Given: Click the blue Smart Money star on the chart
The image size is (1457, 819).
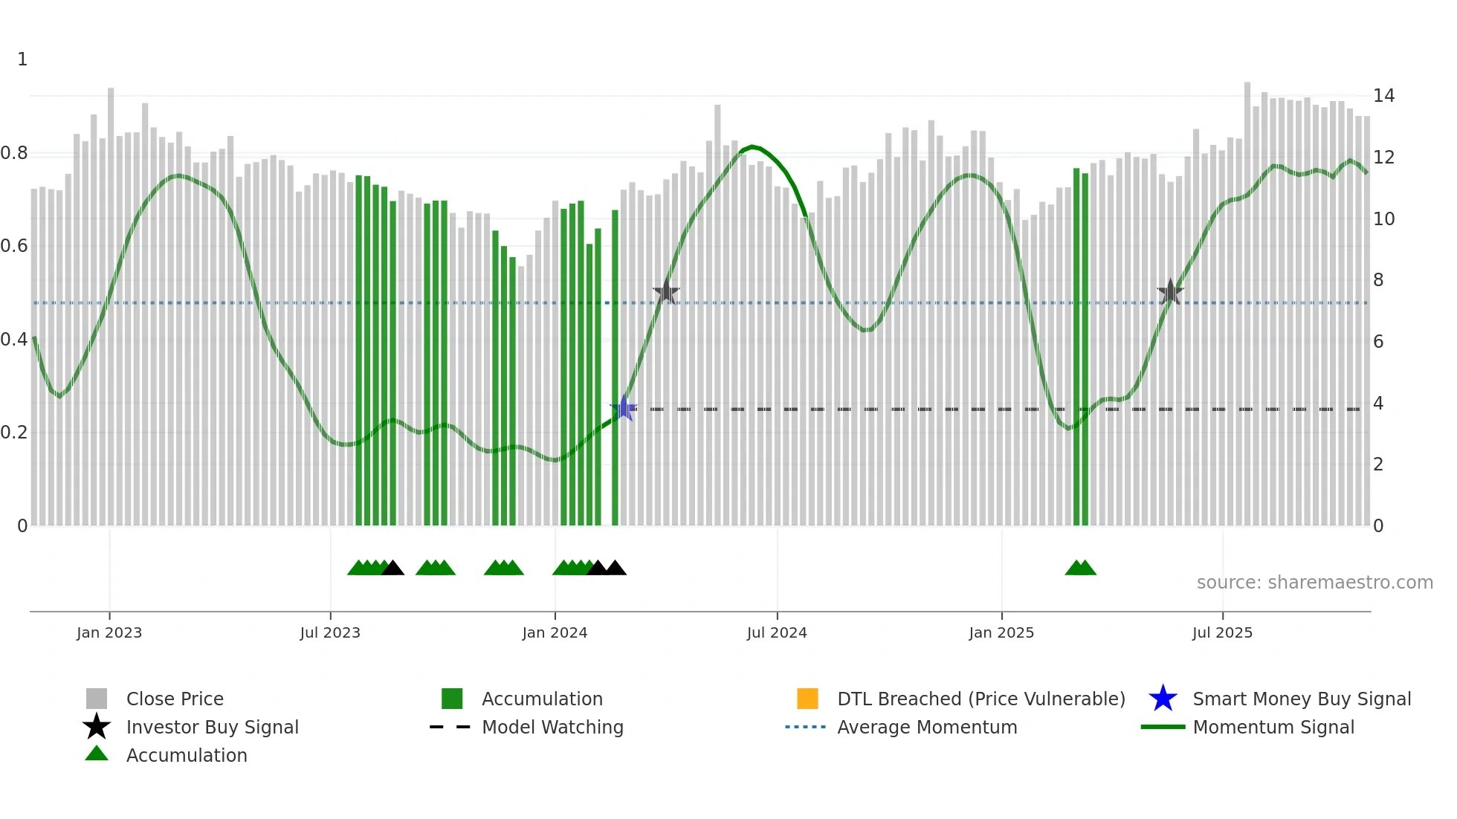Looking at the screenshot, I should click(x=624, y=408).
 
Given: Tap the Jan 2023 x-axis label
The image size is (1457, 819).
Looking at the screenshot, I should click(x=109, y=632).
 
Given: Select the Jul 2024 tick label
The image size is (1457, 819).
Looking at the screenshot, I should click(x=777, y=632).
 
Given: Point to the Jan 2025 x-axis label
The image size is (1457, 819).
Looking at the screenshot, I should click(x=1001, y=632).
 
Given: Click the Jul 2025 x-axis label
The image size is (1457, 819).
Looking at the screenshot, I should click(x=1222, y=632).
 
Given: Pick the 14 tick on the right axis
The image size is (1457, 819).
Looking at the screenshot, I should click(x=1383, y=96).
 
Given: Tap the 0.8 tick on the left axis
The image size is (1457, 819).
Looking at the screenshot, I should click(x=14, y=153).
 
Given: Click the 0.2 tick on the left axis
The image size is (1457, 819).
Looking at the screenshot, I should click(x=14, y=433).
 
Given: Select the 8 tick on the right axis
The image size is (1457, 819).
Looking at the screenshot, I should click(x=1378, y=280).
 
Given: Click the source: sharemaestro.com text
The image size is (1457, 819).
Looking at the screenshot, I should click(x=1314, y=583).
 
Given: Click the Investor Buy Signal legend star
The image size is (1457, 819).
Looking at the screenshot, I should click(x=97, y=727).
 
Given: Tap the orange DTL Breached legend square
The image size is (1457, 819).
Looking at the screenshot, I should click(x=807, y=699).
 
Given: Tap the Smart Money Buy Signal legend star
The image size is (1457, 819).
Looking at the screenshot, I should click(x=1163, y=699).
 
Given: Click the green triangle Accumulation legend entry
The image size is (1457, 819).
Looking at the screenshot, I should click(x=97, y=754).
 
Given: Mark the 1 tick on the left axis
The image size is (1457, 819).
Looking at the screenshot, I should click(x=22, y=59).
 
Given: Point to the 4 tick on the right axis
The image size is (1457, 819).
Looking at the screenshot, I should click(x=1378, y=404).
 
